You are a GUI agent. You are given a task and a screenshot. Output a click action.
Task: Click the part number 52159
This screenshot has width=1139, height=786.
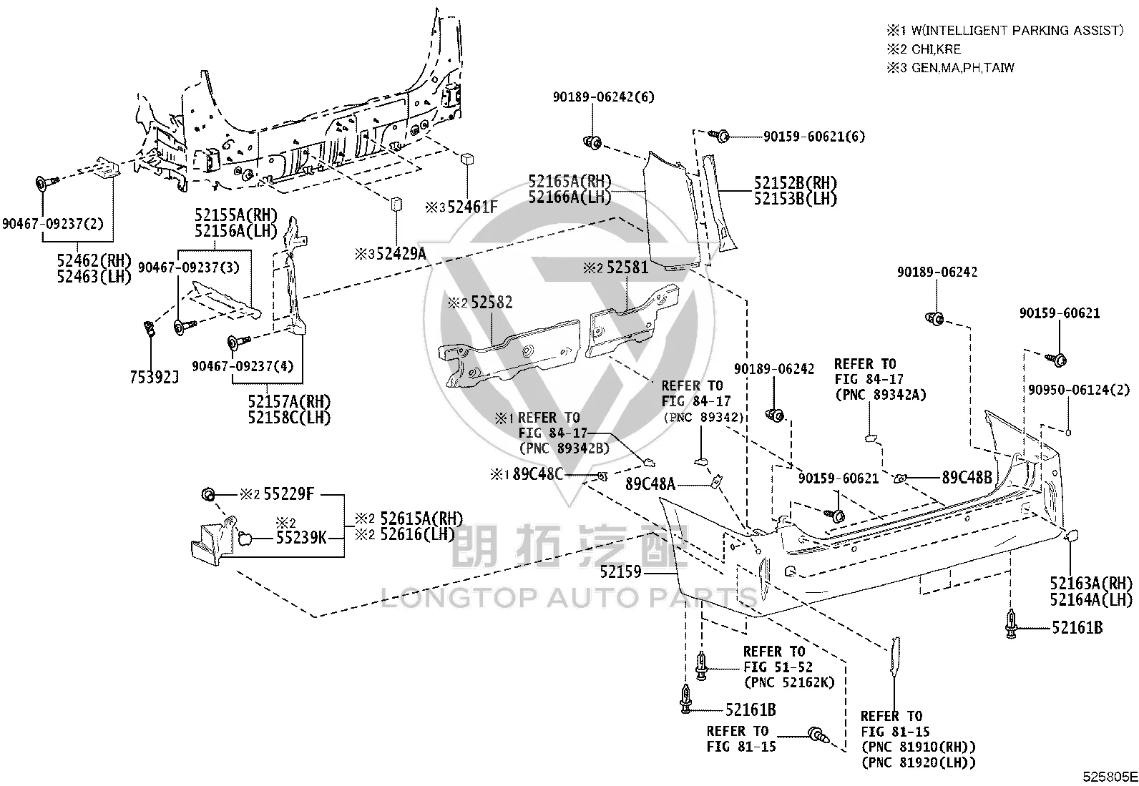pos(620,572)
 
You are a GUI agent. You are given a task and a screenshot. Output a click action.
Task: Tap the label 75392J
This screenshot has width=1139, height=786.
pos(154,377)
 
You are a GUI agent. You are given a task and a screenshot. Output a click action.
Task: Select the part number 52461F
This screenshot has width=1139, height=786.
pos(472,207)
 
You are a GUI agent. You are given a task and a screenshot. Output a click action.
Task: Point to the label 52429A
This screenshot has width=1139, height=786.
pos(401,253)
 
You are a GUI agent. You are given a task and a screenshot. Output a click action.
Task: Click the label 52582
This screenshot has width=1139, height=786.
pos(492,303)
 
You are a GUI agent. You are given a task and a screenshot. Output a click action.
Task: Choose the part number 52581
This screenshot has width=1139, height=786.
pos(627,267)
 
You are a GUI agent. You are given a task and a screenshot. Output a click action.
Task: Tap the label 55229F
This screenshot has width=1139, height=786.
pos(288,493)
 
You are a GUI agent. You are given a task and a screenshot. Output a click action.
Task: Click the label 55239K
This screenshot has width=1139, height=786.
pos(301,537)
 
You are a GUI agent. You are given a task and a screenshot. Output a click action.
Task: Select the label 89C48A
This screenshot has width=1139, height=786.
pos(650,484)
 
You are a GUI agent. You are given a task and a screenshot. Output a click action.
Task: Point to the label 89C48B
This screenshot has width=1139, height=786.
pos(967,477)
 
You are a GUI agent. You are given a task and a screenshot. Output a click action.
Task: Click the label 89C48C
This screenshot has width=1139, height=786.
pos(538,474)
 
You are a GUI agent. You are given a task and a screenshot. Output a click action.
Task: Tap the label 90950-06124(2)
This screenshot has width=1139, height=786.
pos(1078,390)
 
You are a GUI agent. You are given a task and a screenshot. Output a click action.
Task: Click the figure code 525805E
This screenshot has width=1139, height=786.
pos(1110,777)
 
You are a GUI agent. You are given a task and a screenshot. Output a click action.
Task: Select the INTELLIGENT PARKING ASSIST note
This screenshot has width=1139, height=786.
pos(1017,31)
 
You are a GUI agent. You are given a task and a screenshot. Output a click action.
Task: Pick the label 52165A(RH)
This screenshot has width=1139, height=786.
pos(569,181)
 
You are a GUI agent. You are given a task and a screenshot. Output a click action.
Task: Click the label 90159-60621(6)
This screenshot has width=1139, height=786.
pos(813,137)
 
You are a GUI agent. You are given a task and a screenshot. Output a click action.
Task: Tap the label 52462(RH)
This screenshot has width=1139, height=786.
pos(94,260)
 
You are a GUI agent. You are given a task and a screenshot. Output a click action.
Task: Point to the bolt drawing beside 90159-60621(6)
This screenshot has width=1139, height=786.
pos(719,135)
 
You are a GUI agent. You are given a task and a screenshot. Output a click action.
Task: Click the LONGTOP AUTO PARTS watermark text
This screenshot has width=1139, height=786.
pos(569,598)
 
